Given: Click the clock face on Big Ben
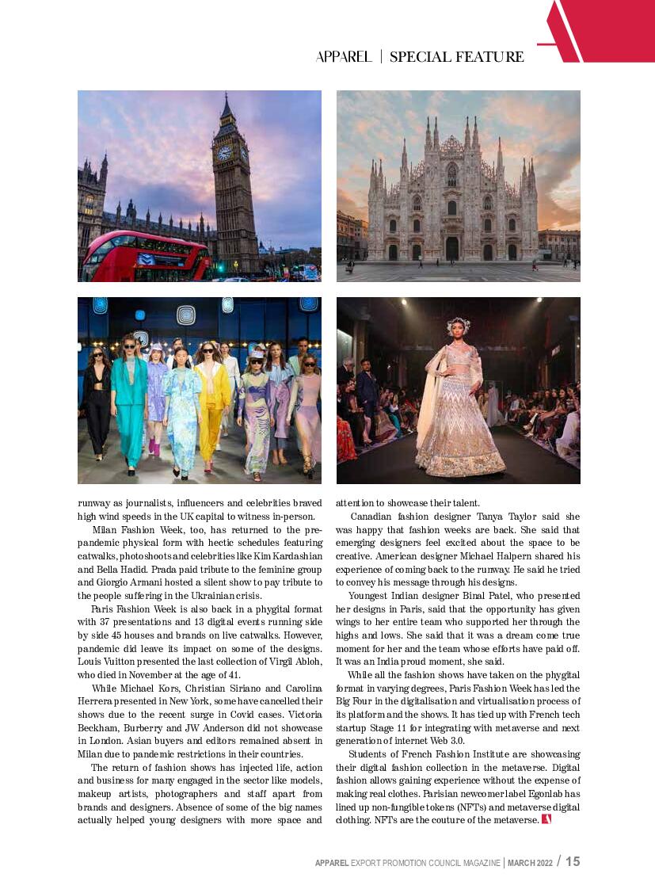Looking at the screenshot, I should click(224, 153).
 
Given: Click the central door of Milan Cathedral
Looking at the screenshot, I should click(452, 249).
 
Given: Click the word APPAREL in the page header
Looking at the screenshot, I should click(344, 57).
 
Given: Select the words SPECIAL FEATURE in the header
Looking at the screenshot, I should click(457, 57).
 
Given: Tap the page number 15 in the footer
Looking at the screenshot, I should click(573, 861).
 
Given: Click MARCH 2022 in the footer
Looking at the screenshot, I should click(530, 862).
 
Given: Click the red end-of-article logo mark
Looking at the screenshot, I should click(546, 819).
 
